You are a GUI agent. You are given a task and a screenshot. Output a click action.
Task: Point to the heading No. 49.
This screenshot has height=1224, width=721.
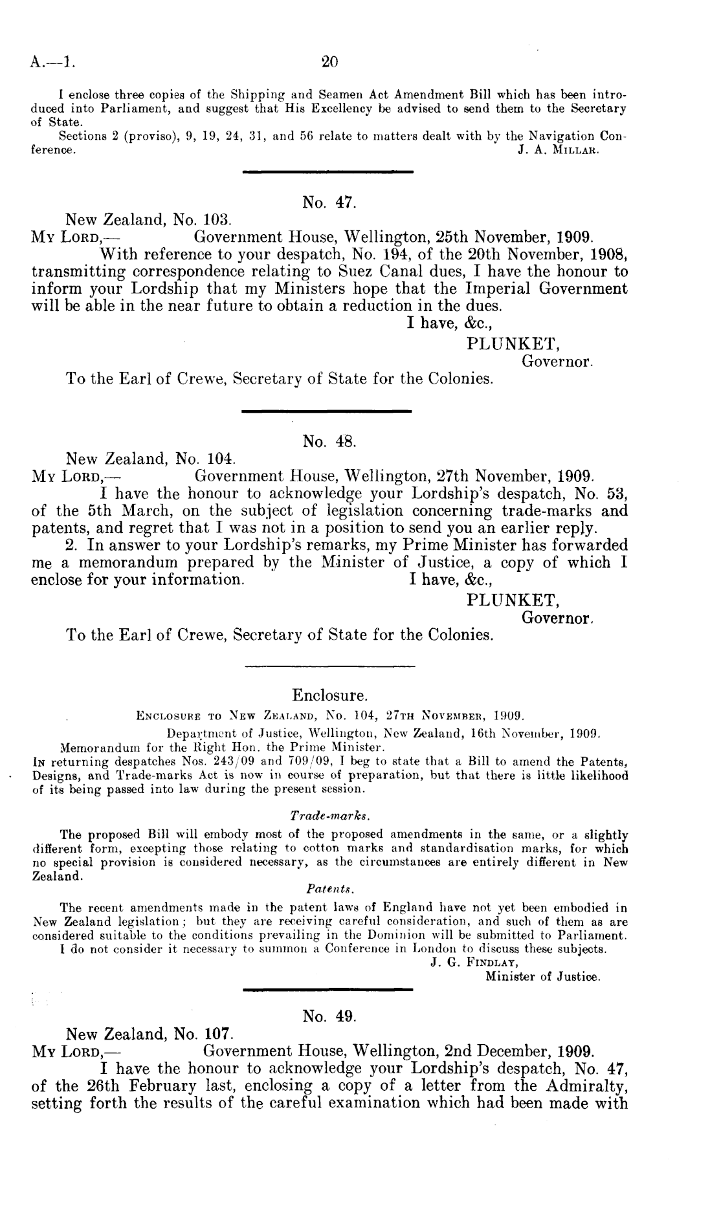(x=330, y=1016)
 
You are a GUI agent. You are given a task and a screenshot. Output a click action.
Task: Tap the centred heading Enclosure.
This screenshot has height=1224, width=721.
(x=330, y=695)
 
